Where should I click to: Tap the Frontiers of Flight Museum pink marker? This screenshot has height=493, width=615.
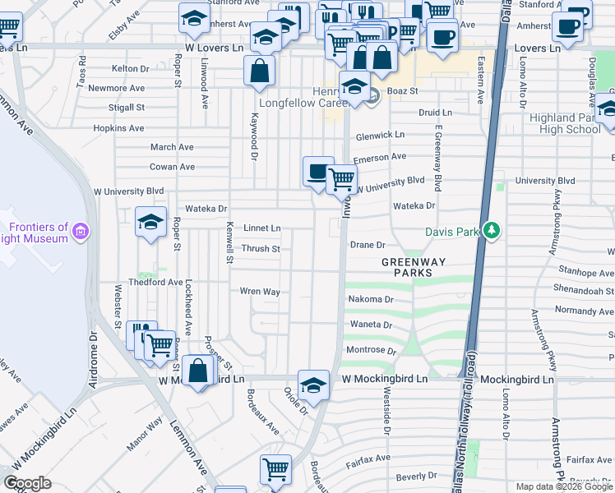pyautogui.click(x=81, y=233)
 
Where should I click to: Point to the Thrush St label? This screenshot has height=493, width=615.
pyautogui.click(x=261, y=248)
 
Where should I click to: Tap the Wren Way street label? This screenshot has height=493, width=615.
pyautogui.click(x=260, y=291)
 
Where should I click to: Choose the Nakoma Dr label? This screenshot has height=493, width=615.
pyautogui.click(x=371, y=300)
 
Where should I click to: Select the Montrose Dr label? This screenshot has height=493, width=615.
pyautogui.click(x=372, y=350)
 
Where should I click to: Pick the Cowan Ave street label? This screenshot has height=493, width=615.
pyautogui.click(x=172, y=166)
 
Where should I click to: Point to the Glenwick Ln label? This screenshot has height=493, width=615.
pyautogui.click(x=380, y=135)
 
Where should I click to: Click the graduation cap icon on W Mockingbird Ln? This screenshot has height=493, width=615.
pyautogui.click(x=313, y=384)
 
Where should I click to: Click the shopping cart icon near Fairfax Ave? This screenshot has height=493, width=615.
pyautogui.click(x=276, y=469)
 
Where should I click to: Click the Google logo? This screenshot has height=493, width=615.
pyautogui.click(x=28, y=482)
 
